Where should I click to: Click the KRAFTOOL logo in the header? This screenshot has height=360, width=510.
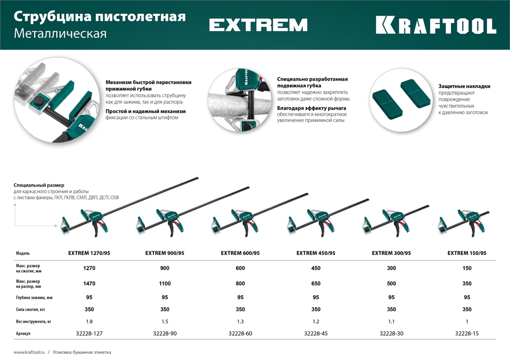click(436, 25)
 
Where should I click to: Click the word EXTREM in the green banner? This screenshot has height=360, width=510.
click(258, 25)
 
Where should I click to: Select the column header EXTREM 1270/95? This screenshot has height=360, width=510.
click(89, 253)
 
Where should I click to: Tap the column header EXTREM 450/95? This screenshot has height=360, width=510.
click(316, 253)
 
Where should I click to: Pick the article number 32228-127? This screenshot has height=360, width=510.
click(89, 333)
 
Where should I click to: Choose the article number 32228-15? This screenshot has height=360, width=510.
click(467, 333)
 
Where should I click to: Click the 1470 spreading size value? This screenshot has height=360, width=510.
click(89, 284)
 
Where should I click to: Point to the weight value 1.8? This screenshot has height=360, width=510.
click(89, 321)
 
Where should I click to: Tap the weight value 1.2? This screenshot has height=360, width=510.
click(316, 321)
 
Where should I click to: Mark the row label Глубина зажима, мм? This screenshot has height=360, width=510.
click(34, 297)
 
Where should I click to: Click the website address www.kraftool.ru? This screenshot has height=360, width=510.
click(30, 352)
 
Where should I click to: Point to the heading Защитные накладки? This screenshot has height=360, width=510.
click(464, 86)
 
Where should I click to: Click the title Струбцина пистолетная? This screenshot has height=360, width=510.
click(99, 16)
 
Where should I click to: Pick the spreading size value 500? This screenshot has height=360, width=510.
click(391, 284)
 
